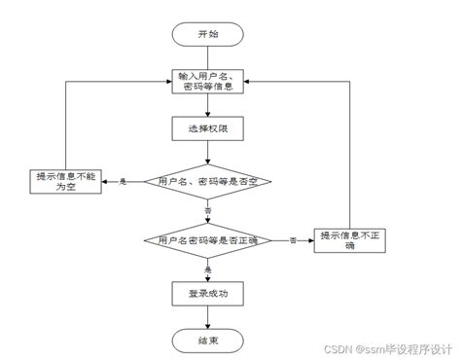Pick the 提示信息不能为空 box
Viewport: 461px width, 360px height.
pyautogui.click(x=66, y=182)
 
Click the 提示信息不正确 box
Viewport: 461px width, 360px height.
pyautogui.click(x=350, y=239)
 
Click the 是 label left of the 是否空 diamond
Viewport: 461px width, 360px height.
pyautogui.click(x=124, y=182)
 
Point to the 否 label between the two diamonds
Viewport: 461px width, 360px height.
pyautogui.click(x=207, y=210)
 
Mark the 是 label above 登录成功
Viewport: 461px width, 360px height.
pyautogui.click(x=207, y=268)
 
